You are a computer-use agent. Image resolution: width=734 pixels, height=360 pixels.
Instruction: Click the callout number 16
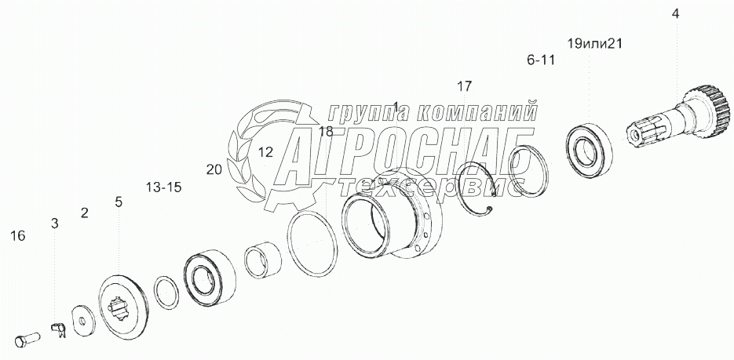pos(19,235)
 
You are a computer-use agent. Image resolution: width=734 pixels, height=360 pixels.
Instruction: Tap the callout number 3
pos(54,224)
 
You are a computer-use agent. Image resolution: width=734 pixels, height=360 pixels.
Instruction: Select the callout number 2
pos(84,213)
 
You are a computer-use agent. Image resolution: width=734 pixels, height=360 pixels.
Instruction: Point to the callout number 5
pos(119,202)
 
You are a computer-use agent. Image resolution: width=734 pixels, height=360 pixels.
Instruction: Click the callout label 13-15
pos(163,187)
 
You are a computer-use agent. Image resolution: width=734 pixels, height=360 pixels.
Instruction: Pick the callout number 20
pos(214,169)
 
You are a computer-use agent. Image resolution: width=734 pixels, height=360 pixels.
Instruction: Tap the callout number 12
pos(265,152)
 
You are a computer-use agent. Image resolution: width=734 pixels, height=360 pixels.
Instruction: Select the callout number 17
pos(464,85)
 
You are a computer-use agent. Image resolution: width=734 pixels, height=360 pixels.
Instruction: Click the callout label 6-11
pos(542,60)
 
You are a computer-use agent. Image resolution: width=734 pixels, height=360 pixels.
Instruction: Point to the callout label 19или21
pos(593,44)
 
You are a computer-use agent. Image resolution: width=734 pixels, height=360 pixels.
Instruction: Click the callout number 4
pos(675,13)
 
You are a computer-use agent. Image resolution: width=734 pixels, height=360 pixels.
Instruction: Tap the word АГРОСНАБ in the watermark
pos(400,154)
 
